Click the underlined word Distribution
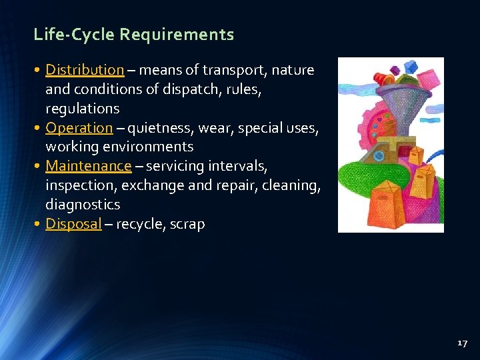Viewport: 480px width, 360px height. [85, 70]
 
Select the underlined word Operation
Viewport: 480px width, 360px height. [79, 127]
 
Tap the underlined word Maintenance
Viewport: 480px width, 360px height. [89, 165]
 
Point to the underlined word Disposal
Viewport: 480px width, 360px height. [73, 224]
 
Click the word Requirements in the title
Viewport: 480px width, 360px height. [177, 35]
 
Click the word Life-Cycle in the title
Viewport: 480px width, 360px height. [74, 35]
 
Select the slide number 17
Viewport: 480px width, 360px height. [463, 343]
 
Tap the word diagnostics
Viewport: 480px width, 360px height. [83, 204]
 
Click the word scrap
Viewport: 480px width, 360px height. [187, 224]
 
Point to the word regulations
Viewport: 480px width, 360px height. [82, 108]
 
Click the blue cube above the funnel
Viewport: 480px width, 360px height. [411, 67]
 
